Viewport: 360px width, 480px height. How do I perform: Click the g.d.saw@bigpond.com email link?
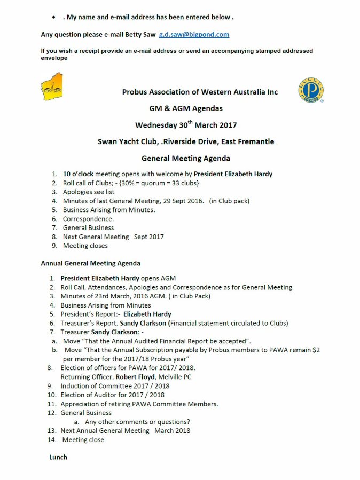(x=194, y=35)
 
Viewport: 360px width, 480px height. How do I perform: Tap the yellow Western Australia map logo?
(x=52, y=86)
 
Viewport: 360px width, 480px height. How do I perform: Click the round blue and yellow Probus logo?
(x=311, y=90)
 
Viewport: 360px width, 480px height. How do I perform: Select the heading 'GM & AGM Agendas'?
(x=186, y=108)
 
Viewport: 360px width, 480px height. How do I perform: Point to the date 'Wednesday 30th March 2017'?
(x=186, y=125)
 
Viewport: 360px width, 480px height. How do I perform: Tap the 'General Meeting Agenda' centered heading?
(x=186, y=159)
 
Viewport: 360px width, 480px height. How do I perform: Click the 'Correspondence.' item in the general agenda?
(x=88, y=219)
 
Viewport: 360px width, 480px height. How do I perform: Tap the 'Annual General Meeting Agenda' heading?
(x=91, y=263)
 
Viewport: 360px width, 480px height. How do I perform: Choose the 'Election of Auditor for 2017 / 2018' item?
(x=112, y=395)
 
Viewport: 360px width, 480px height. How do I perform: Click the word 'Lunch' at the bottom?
(x=58, y=458)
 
